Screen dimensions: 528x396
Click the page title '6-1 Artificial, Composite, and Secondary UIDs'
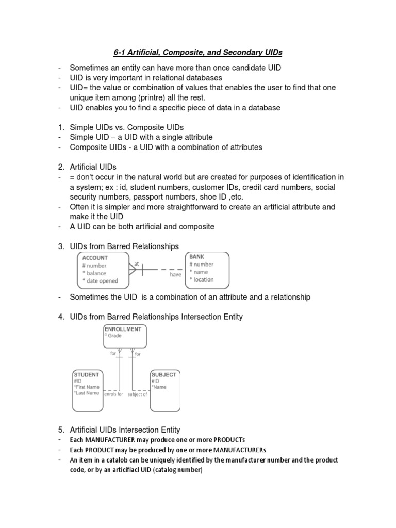click(x=198, y=52)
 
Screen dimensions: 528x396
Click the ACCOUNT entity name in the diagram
click(x=94, y=258)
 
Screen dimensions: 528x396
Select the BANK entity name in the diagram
click(x=196, y=256)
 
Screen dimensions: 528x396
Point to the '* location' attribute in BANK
click(x=202, y=279)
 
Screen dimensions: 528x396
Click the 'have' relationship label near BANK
click(x=176, y=275)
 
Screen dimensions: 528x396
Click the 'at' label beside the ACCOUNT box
click(x=137, y=263)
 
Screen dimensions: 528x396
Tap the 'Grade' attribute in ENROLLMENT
click(x=114, y=336)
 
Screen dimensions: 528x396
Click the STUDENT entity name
click(x=86, y=375)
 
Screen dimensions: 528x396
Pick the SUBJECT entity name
click(x=164, y=375)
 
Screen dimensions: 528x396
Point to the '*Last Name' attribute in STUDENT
click(x=86, y=393)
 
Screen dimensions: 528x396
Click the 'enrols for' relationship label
click(x=114, y=394)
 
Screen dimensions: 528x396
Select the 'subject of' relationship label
click(x=138, y=394)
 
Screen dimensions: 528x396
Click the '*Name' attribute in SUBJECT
click(x=159, y=387)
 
